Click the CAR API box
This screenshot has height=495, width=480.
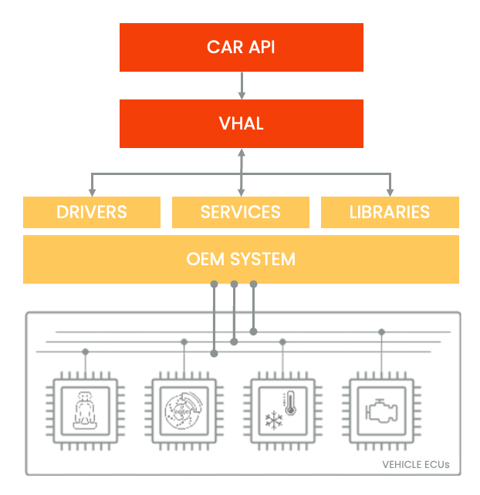241,47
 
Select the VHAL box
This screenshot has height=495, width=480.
241,123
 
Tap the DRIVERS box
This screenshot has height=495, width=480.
92,212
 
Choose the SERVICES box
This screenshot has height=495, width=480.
241,212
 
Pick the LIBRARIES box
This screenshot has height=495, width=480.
390,212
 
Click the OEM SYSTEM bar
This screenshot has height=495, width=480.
241,259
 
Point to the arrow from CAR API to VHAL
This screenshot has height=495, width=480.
242,85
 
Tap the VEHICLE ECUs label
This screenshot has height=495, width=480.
416,465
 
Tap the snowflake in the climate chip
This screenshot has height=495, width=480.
274,420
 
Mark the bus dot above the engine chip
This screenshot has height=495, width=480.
381,332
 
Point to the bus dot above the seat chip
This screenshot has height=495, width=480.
86,352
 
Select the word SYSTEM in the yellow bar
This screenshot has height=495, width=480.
264,259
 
